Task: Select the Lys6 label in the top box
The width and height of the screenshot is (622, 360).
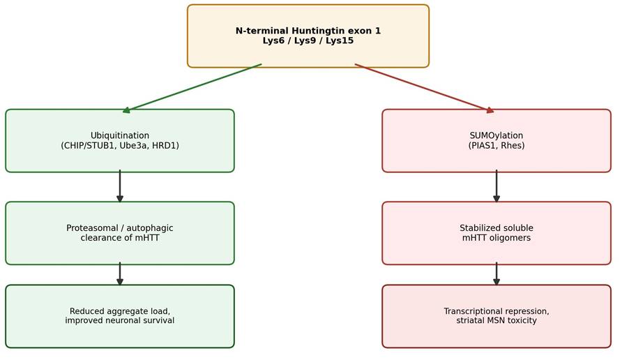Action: (x=273, y=41)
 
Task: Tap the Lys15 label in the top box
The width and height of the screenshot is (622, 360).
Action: (x=340, y=41)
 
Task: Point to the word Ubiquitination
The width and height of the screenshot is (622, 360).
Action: (x=120, y=136)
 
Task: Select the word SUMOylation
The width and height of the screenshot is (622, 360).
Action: (x=496, y=136)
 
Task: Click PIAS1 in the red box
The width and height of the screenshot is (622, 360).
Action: (x=483, y=146)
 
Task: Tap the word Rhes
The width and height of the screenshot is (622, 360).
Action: (x=513, y=146)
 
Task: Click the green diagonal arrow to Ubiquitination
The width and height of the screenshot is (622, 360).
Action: (x=192, y=88)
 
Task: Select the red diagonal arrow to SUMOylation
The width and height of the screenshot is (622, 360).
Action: (x=425, y=88)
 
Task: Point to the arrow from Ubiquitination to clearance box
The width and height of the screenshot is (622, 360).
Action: (x=120, y=186)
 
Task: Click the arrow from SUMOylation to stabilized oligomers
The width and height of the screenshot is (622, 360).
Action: (x=496, y=186)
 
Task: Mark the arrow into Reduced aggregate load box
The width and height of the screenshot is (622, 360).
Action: (x=120, y=274)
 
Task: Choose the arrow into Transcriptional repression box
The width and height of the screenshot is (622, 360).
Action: (x=496, y=274)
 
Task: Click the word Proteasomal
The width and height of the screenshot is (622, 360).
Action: (x=91, y=228)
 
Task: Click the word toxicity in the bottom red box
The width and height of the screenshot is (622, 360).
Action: (x=522, y=320)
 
